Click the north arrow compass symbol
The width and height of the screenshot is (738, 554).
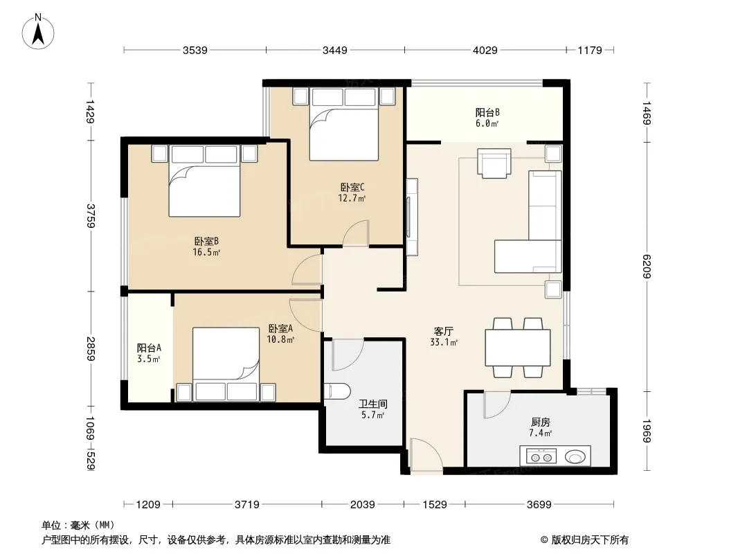(38, 32)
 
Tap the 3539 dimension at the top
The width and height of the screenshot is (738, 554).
(195, 50)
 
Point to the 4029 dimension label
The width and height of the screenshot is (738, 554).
(485, 50)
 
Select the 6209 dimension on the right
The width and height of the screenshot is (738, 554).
(646, 267)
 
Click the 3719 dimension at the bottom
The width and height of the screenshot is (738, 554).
(247, 505)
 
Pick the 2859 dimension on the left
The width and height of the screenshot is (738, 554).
(91, 349)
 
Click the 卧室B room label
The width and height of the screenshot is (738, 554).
(206, 242)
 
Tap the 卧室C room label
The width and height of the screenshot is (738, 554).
(352, 188)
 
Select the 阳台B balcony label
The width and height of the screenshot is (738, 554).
(487, 112)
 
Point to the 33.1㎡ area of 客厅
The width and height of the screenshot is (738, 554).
(444, 342)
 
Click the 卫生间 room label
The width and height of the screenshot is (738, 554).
(372, 404)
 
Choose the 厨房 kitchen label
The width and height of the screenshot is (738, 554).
(540, 422)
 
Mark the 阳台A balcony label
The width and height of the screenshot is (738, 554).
(150, 348)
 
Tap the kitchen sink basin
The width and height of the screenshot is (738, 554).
(575, 456)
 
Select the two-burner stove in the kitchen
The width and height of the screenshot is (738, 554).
(541, 456)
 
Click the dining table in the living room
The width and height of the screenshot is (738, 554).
(518, 348)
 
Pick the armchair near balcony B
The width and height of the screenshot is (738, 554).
(494, 163)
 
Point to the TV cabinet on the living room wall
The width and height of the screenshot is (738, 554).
(412, 217)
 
